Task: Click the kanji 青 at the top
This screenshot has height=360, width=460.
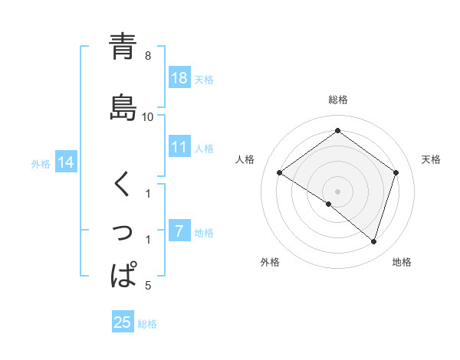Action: click(x=123, y=46)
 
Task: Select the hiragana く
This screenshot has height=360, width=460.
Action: click(x=123, y=185)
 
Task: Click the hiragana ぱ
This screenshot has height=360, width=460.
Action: click(x=123, y=274)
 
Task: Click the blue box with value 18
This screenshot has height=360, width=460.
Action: click(x=179, y=78)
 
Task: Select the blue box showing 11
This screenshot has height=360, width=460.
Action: click(x=179, y=148)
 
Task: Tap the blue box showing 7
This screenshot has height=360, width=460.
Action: click(x=179, y=232)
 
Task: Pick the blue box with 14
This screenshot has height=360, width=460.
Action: click(x=66, y=162)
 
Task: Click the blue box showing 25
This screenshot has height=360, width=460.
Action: click(x=123, y=322)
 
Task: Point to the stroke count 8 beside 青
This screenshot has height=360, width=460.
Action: click(x=148, y=56)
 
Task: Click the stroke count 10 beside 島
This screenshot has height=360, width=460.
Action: click(x=148, y=116)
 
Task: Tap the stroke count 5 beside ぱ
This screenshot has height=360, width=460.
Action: click(x=148, y=286)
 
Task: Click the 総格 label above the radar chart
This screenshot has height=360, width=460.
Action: click(x=338, y=100)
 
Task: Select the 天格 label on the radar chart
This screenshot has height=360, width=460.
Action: click(x=431, y=159)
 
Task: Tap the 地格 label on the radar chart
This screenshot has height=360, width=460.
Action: click(x=402, y=263)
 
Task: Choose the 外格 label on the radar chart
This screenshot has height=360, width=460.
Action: click(x=270, y=263)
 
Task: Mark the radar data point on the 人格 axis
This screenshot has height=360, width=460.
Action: click(x=280, y=173)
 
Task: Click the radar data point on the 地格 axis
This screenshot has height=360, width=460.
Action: click(x=373, y=241)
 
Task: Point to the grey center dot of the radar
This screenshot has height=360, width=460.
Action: click(x=337, y=191)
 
